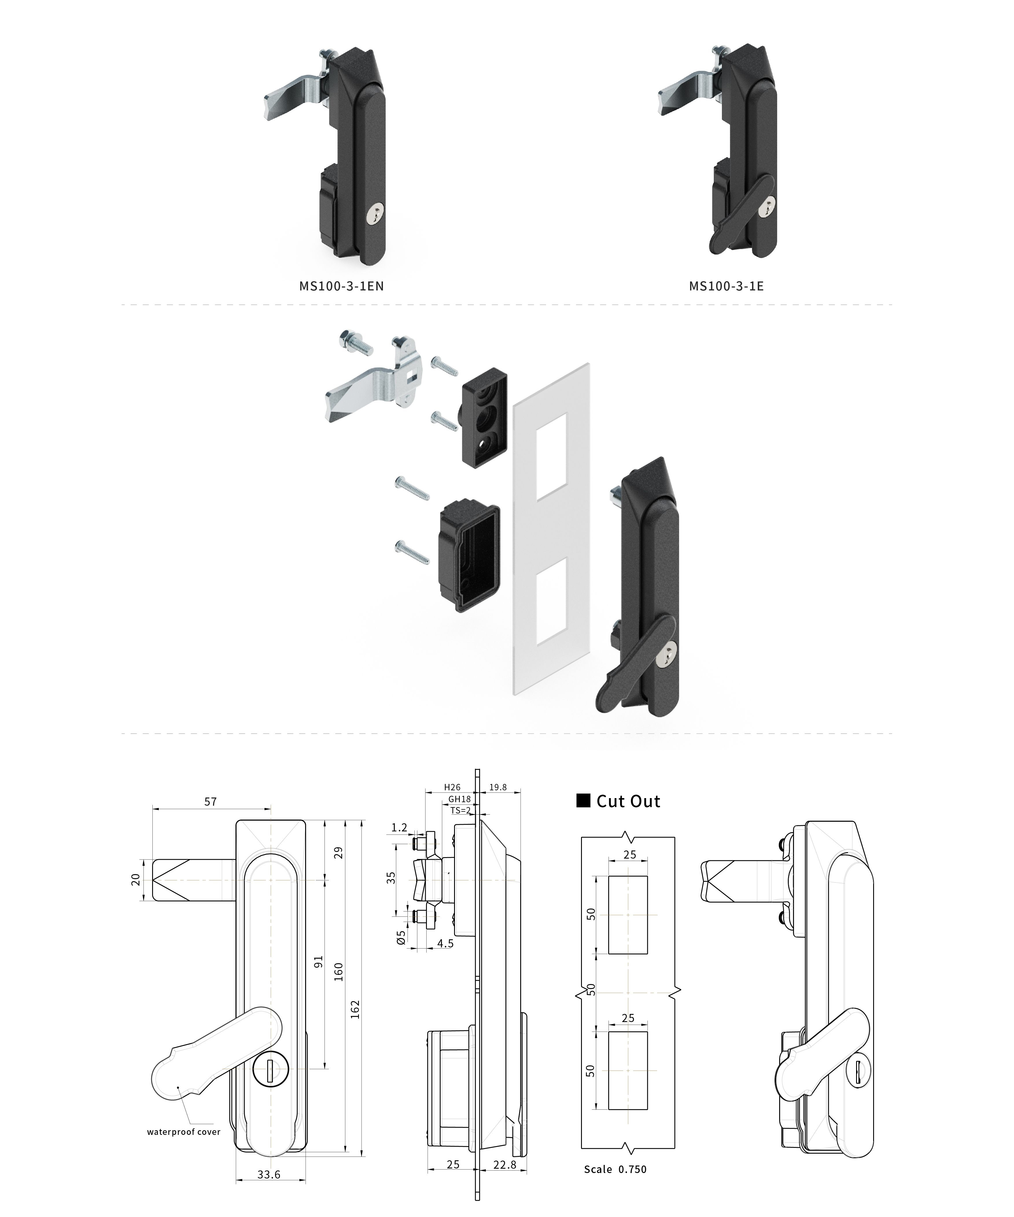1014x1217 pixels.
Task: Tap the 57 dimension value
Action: (210, 802)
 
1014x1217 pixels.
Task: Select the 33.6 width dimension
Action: (269, 1175)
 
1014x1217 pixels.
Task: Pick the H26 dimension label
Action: (452, 787)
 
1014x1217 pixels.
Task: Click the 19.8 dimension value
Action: (498, 787)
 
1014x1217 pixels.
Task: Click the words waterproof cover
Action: (184, 1132)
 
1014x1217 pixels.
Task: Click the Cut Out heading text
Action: (628, 802)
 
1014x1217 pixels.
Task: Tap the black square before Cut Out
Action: (583, 801)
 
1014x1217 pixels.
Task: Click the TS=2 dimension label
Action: (461, 810)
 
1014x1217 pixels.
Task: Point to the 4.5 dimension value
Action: (445, 943)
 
